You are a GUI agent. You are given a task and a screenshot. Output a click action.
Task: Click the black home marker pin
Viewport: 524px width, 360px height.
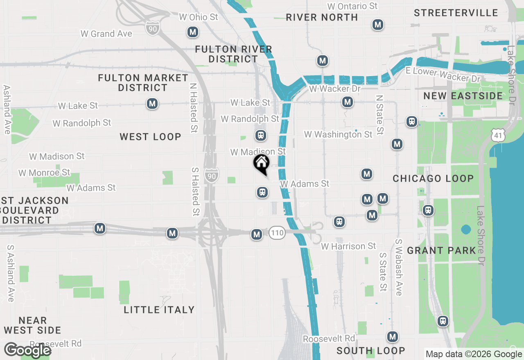[x=261, y=164]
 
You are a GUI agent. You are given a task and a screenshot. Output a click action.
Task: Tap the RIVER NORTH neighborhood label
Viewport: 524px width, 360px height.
[x=322, y=17]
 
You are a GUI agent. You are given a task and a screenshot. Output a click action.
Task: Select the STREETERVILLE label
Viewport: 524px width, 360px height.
[x=456, y=13]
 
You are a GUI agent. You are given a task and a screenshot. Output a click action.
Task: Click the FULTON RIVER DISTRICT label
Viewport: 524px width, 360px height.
[x=233, y=54]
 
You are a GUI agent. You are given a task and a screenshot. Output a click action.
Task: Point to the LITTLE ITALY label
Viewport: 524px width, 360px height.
[x=159, y=310]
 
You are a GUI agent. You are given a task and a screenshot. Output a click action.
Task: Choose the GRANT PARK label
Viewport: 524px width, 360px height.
[x=442, y=250]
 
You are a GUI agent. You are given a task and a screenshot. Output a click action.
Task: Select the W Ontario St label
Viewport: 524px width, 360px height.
[x=352, y=6]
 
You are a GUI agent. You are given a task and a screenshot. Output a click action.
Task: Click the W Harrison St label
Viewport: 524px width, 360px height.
[x=348, y=246]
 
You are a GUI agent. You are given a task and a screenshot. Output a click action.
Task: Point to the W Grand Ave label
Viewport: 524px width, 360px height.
[x=106, y=34]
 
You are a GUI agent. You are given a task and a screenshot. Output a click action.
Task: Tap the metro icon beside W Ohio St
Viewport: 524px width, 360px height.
[x=192, y=32]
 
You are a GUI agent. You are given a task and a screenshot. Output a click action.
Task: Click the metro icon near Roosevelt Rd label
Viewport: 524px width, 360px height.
[x=393, y=337]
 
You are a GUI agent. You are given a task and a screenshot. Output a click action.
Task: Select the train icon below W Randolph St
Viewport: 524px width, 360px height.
[x=260, y=135]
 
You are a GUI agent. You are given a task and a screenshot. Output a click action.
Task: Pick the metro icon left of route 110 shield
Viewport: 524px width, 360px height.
[x=257, y=234]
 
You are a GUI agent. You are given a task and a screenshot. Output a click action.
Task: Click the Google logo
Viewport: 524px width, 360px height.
[x=27, y=350]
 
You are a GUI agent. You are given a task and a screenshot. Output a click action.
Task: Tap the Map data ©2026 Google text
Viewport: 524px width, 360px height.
[x=474, y=354]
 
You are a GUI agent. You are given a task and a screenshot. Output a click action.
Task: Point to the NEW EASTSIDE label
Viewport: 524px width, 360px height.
[x=463, y=96]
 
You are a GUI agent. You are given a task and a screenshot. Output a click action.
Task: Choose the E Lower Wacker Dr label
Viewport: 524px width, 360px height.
[x=443, y=75]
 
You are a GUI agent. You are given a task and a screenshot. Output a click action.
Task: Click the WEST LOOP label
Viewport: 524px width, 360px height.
[x=150, y=137]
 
